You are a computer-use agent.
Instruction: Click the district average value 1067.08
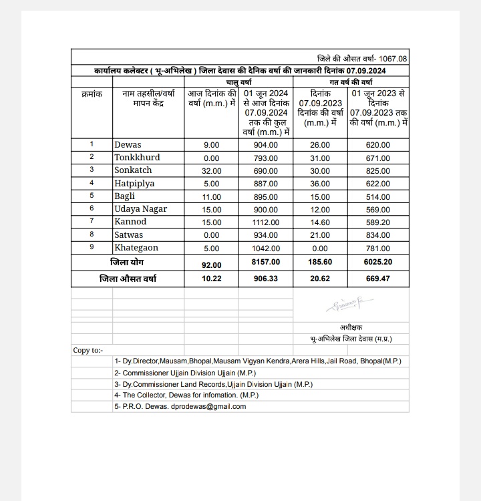tap(393, 59)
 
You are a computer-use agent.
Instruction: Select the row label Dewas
tap(128, 144)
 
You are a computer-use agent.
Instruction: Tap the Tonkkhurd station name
tap(137, 158)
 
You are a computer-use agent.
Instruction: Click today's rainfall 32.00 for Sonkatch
tap(211, 171)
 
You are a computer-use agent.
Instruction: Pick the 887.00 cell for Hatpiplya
tap(265, 184)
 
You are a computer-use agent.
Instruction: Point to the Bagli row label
tap(124, 196)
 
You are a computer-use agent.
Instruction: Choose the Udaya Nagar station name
tap(140, 209)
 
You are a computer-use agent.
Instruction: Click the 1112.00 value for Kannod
tap(265, 222)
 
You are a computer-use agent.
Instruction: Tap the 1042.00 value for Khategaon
tap(265, 248)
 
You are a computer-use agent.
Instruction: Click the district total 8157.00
tap(265, 263)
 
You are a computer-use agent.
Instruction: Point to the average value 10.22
tap(211, 279)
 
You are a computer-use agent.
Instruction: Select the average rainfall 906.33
tap(265, 279)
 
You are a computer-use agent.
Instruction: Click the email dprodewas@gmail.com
tap(208, 406)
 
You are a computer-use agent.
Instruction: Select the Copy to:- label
tap(88, 350)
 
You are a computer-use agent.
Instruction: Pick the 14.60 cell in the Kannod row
tap(320, 222)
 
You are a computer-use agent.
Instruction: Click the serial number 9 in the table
tap(92, 247)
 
